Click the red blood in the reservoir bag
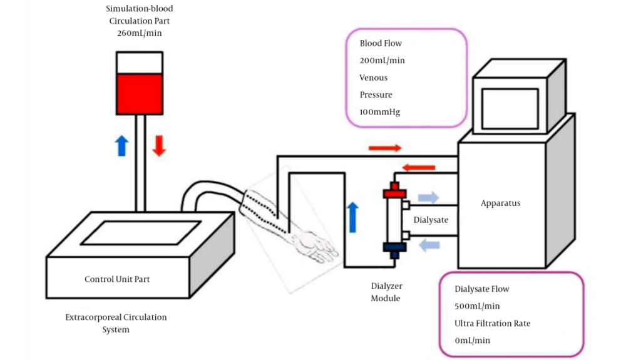point(140,94)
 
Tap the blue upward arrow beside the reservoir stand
point(122,146)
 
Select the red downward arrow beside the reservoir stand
point(159,146)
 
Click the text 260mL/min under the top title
point(140,33)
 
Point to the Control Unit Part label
point(117,279)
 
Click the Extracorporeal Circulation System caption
point(116,323)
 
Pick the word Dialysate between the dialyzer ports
point(431,220)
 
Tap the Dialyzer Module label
point(386,292)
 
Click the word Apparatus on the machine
point(500,203)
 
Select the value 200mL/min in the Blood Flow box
point(382,61)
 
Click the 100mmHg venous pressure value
point(379,112)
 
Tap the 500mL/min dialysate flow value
point(477,306)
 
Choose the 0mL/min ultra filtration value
point(472,341)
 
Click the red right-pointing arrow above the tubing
point(385,148)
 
